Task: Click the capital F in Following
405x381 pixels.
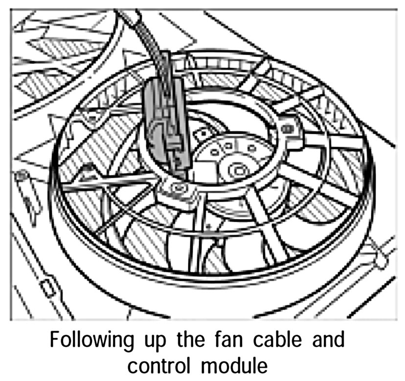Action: pyautogui.click(x=55, y=340)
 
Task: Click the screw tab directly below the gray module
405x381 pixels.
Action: pyautogui.click(x=179, y=188)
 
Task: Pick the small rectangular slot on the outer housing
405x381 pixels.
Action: pyautogui.click(x=47, y=287)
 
